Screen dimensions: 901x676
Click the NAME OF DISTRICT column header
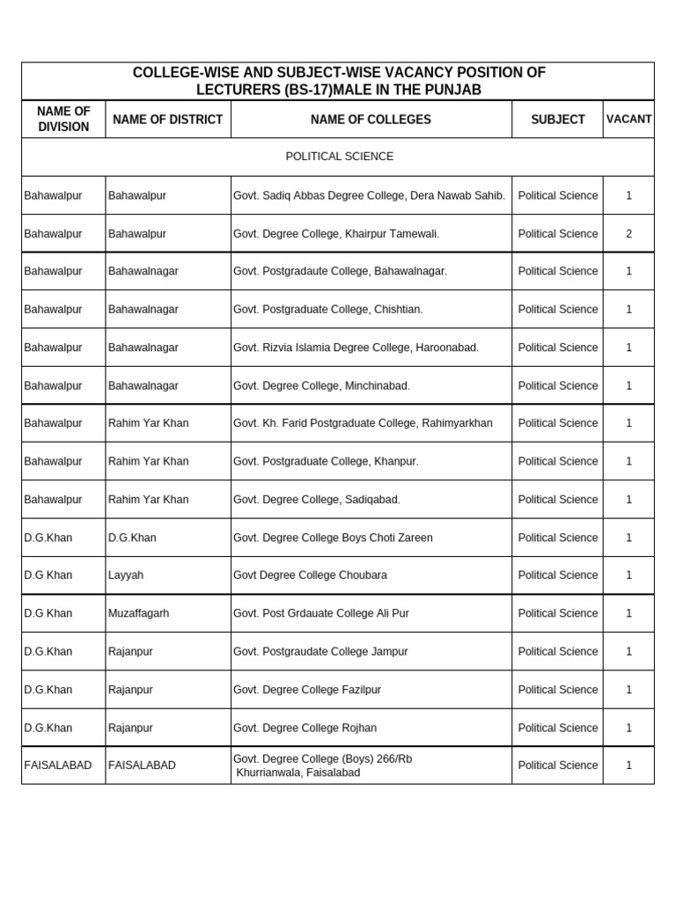click(167, 120)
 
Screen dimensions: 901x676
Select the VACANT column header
click(628, 120)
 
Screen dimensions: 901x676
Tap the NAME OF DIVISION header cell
click(63, 120)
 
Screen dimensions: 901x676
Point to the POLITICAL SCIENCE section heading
click(339, 157)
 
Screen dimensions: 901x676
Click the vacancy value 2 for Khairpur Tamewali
click(628, 234)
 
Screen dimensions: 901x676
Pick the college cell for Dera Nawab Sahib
click(369, 195)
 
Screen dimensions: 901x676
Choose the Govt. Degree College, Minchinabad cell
click(321, 385)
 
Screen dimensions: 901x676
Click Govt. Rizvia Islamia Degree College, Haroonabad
click(356, 348)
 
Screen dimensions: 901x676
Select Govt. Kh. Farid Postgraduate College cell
click(363, 423)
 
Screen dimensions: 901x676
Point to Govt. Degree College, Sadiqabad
click(316, 500)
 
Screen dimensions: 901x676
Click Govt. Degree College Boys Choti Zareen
click(333, 538)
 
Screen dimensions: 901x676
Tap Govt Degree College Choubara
click(310, 575)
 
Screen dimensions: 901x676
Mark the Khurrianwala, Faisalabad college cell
click(298, 773)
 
